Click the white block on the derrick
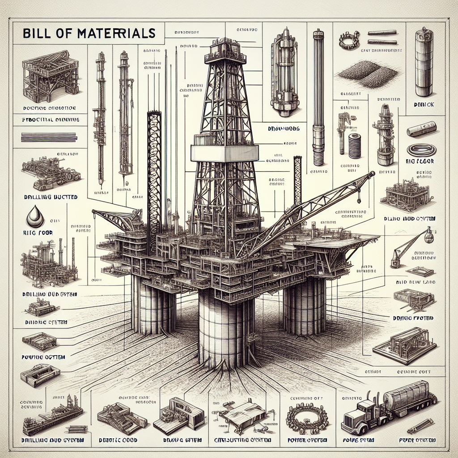coord(225,153)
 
